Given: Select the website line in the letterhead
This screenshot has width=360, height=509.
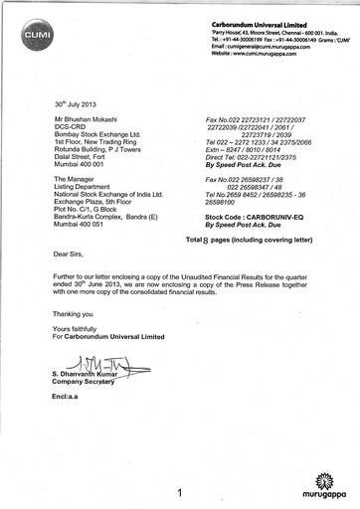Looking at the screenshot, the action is pos(263,52).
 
